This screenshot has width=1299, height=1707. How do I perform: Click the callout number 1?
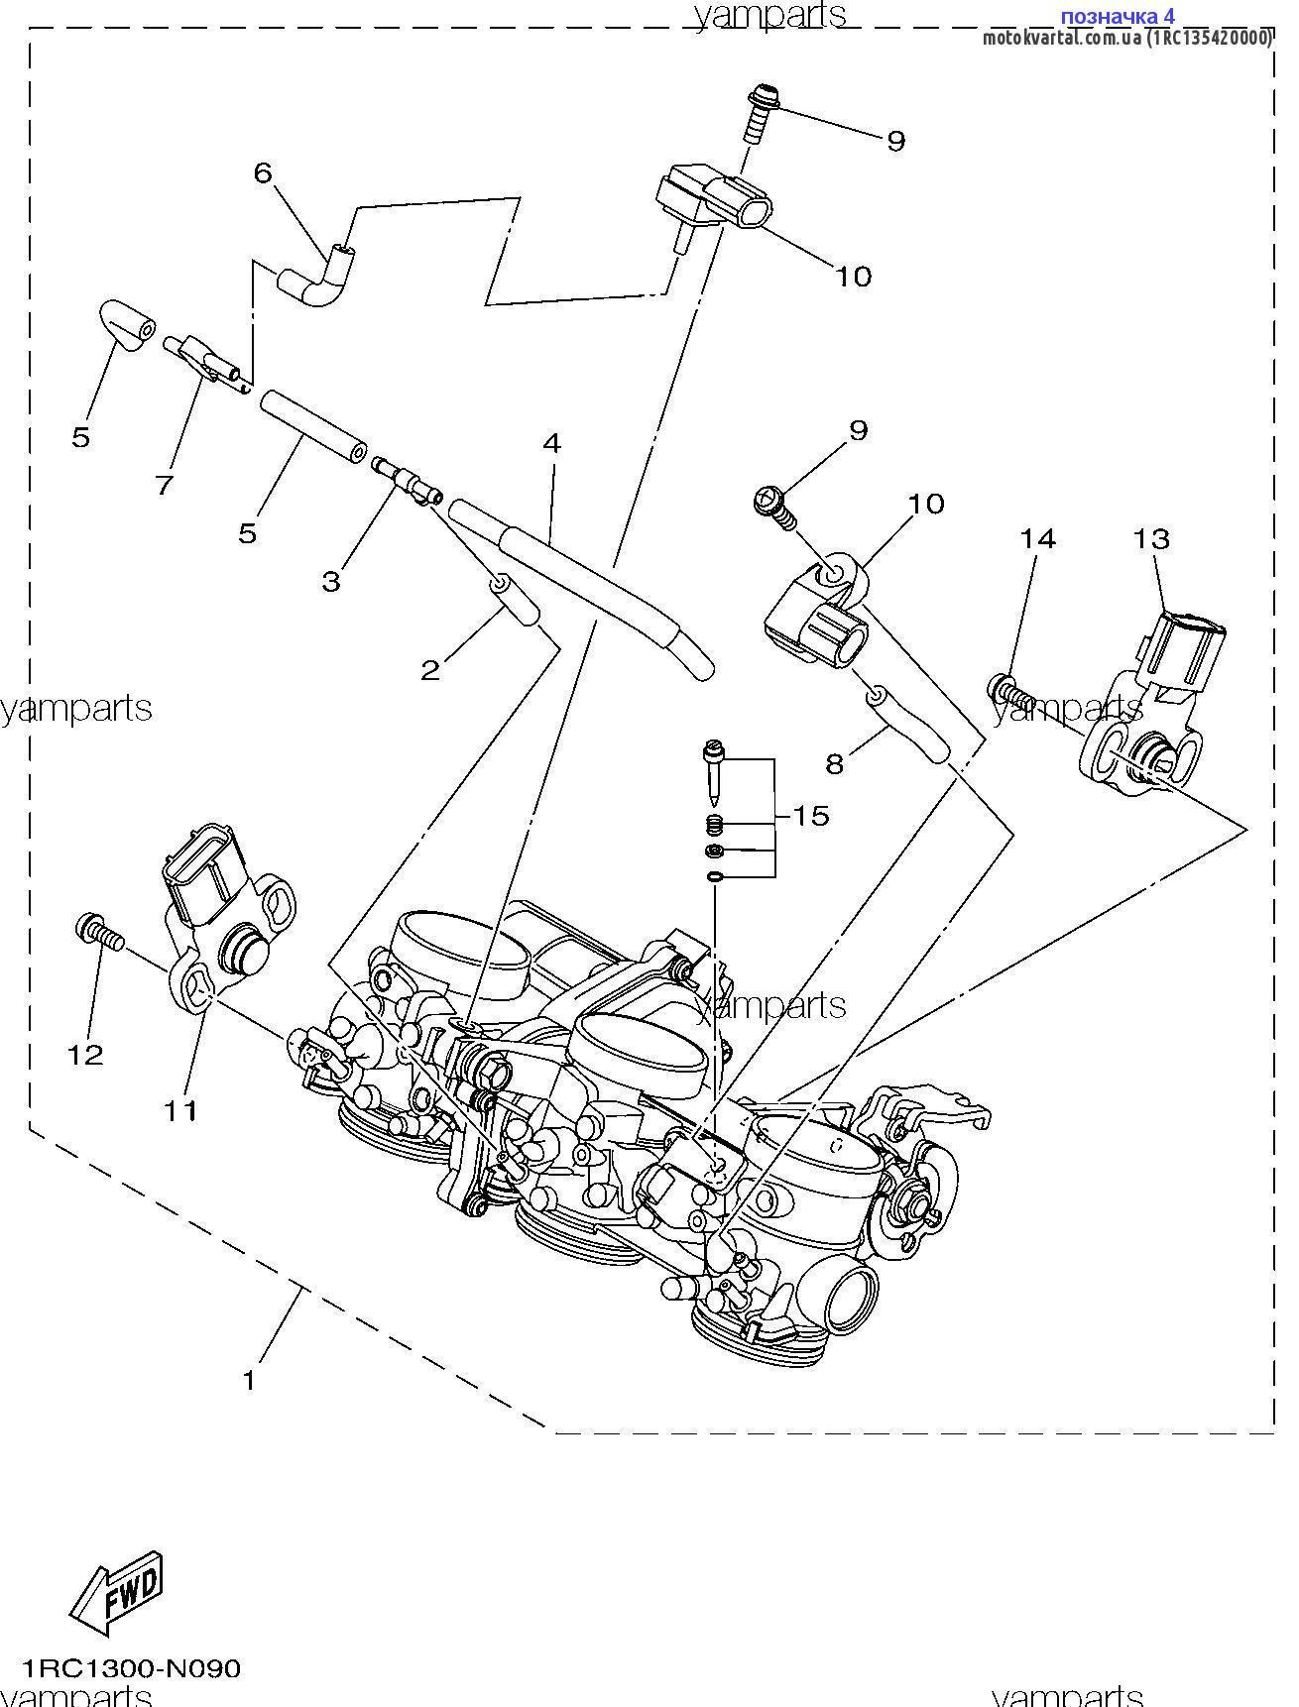[249, 1379]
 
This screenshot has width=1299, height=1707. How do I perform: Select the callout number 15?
[810, 816]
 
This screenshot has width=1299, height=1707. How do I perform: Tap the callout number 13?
[1151, 539]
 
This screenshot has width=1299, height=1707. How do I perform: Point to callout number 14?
[1038, 538]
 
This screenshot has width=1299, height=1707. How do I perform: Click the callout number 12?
[85, 1055]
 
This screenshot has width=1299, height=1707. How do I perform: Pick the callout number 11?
[180, 1111]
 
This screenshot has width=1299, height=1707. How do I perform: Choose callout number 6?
[262, 172]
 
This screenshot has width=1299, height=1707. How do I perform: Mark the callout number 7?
[165, 485]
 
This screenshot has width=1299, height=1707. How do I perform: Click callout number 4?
[552, 443]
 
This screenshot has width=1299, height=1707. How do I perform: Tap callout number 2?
[429, 670]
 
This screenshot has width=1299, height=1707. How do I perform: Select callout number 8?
[834, 763]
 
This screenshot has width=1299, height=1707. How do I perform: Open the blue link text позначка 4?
[1117, 17]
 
